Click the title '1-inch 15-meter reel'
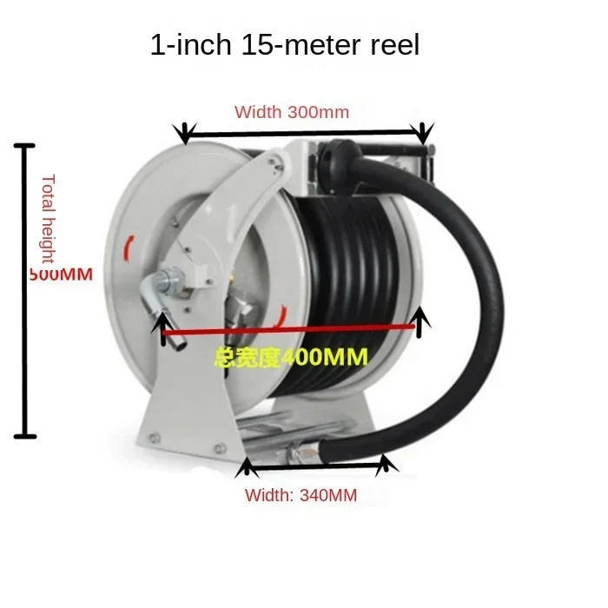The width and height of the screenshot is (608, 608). click(x=285, y=44)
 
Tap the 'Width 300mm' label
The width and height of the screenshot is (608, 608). click(x=292, y=112)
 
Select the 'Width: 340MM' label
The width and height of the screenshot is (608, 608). click(x=301, y=496)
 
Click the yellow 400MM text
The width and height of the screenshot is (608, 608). click(x=292, y=356)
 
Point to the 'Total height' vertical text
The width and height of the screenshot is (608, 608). click(x=49, y=218)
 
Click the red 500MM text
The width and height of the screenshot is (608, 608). click(x=60, y=274)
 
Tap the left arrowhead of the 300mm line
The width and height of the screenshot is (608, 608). click(x=183, y=133)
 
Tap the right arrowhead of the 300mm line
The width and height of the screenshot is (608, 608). click(x=423, y=133)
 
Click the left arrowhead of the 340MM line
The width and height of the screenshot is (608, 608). click(x=247, y=469)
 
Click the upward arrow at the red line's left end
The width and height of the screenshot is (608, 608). click(x=162, y=327)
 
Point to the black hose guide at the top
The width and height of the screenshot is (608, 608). click(x=334, y=161)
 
